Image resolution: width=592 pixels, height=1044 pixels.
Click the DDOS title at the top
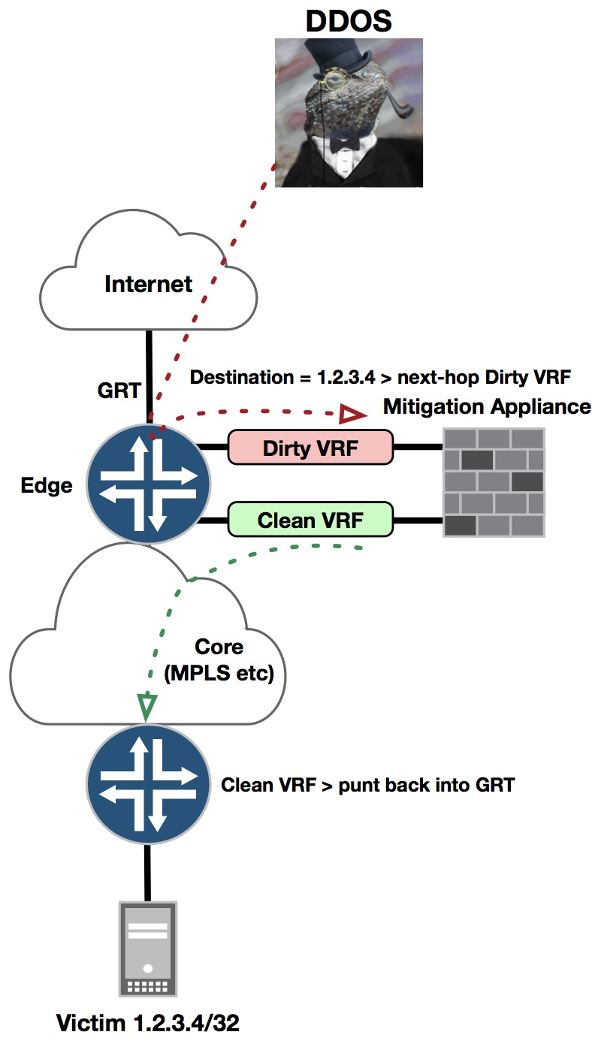348,20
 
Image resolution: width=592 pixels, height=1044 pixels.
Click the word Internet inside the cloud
149,285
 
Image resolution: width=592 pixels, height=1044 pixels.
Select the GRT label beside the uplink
119,391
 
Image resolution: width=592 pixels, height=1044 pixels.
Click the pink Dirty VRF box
310,448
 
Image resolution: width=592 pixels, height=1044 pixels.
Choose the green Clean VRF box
310,520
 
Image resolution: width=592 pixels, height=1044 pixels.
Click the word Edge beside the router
47,485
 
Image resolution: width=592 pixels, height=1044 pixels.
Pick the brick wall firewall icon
494,483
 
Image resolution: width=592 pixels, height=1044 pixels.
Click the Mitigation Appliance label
487,407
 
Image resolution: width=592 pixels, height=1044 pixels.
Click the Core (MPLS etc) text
219,659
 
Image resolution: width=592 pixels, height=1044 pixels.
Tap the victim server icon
148,949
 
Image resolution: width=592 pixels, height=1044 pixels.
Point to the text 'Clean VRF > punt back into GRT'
368,786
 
